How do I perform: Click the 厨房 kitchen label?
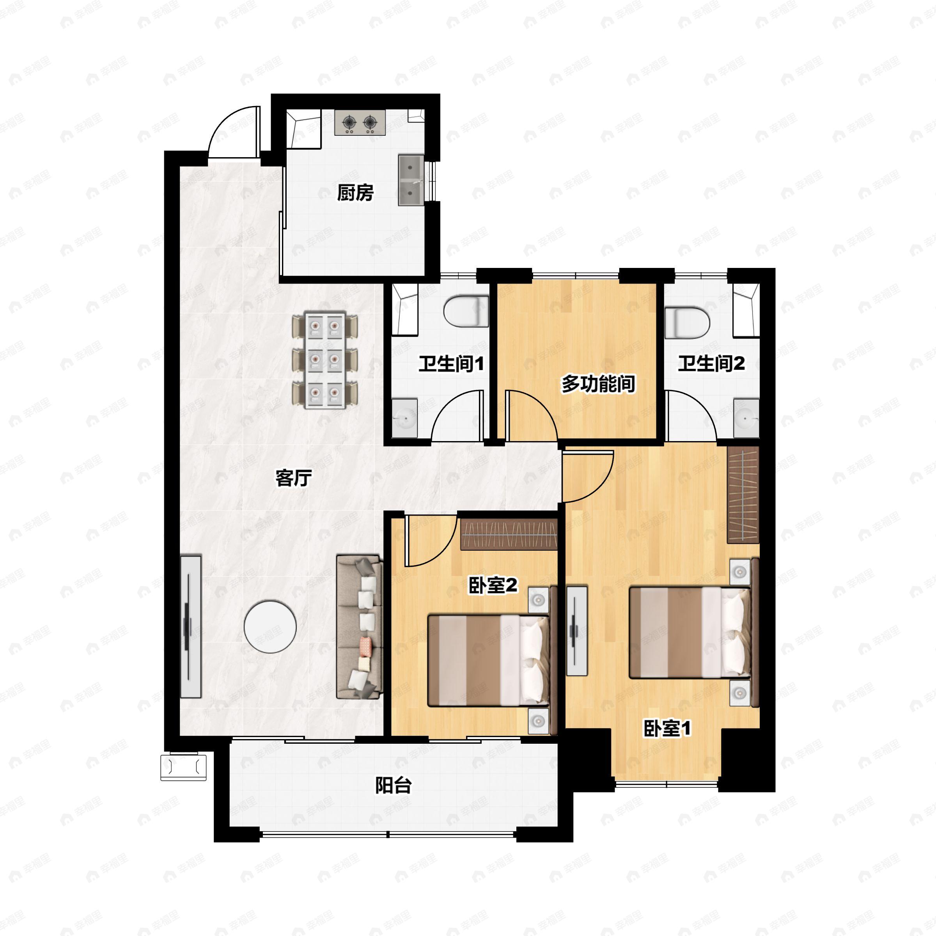point(355,193)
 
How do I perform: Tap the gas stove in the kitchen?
point(360,122)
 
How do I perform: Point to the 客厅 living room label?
point(293,478)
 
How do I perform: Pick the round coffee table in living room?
point(270,627)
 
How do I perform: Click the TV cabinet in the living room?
point(191,627)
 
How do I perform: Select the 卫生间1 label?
point(451,364)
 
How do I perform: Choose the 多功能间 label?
point(598,384)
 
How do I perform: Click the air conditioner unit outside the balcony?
point(184,768)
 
